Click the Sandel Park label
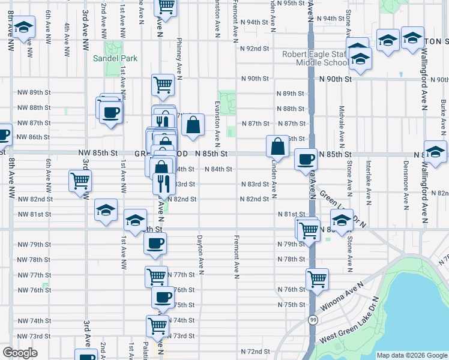[x=115, y=58]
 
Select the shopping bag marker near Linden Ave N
[x=278, y=146]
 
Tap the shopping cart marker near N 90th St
[x=163, y=85]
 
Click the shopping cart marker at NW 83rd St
[x=80, y=180]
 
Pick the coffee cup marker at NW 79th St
[x=155, y=244]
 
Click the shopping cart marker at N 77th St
[x=156, y=277]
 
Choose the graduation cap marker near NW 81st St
[x=106, y=211]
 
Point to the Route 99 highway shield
[x=313, y=320]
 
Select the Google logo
[x=20, y=353]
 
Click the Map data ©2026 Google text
[x=411, y=355]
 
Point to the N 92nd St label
[x=253, y=49]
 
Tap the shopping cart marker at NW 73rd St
[x=157, y=326]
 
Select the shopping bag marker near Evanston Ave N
[x=193, y=125]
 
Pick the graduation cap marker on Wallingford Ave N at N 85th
[x=435, y=151]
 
